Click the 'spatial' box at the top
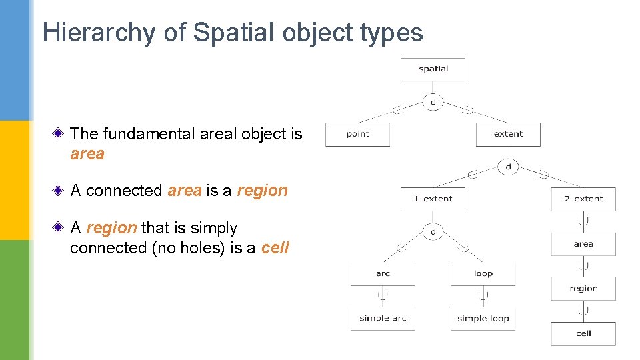(x=433, y=69)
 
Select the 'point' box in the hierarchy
(x=357, y=134)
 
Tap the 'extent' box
(x=508, y=134)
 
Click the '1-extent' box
(x=433, y=199)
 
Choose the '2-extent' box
(x=583, y=199)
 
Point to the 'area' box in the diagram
(x=583, y=244)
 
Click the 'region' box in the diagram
(x=583, y=289)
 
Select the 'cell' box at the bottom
(x=583, y=333)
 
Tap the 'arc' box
(x=383, y=273)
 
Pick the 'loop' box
(x=483, y=273)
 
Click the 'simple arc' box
(x=383, y=318)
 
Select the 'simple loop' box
(x=483, y=318)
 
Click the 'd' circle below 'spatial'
(x=433, y=102)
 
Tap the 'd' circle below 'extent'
(x=508, y=167)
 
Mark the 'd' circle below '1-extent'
(x=433, y=231)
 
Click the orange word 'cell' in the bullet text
(x=275, y=248)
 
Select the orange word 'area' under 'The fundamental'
(x=87, y=154)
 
